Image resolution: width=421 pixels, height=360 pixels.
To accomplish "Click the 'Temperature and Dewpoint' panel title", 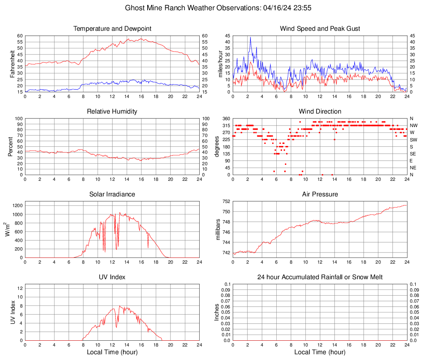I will tap(112, 29).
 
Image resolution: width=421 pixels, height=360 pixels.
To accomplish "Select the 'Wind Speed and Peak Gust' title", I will tap(320, 29).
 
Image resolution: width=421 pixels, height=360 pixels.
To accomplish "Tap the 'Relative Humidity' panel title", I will tap(112, 112).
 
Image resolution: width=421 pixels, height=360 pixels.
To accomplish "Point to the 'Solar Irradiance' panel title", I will tap(112, 194).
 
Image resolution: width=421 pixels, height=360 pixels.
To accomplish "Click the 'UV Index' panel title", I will tap(112, 277).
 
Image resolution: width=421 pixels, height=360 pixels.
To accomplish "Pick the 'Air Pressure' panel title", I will tap(320, 194).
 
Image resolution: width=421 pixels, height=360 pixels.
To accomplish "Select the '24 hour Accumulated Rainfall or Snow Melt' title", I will tap(320, 277).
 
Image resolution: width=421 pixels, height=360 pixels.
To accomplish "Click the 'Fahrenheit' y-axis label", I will tap(12, 64).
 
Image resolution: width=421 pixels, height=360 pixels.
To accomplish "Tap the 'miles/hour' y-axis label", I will tap(220, 64).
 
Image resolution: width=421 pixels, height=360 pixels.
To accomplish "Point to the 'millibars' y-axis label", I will tap(218, 230).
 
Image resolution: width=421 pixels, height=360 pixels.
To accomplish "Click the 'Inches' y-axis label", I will tap(217, 312).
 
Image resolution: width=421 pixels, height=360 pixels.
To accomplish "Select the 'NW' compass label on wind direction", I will tap(413, 125).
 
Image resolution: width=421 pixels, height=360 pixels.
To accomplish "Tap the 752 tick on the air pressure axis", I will tap(226, 201).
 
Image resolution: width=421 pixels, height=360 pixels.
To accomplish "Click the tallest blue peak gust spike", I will tap(250, 37).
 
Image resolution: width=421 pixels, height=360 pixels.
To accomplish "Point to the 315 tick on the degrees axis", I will tap(226, 125).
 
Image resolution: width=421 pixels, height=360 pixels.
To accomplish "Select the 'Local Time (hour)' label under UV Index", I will tap(112, 352).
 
